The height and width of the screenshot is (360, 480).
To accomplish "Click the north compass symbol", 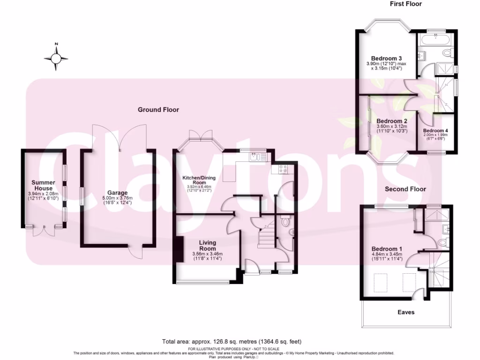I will pyautogui.click(x=56, y=58).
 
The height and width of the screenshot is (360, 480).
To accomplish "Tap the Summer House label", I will pyautogui.click(x=43, y=185).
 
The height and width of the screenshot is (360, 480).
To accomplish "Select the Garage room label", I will pyautogui.click(x=118, y=193).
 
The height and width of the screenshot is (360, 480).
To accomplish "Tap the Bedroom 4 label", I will pyautogui.click(x=435, y=131).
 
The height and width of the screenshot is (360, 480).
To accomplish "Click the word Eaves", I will pyautogui.click(x=406, y=312).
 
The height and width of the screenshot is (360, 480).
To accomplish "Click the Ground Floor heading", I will pyautogui.click(x=158, y=110).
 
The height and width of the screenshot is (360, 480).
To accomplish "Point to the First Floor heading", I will pyautogui.click(x=406, y=4).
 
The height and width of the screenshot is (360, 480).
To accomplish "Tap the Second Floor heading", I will pyautogui.click(x=405, y=189).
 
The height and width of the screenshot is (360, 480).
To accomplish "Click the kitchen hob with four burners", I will pyautogui.click(x=283, y=169).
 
